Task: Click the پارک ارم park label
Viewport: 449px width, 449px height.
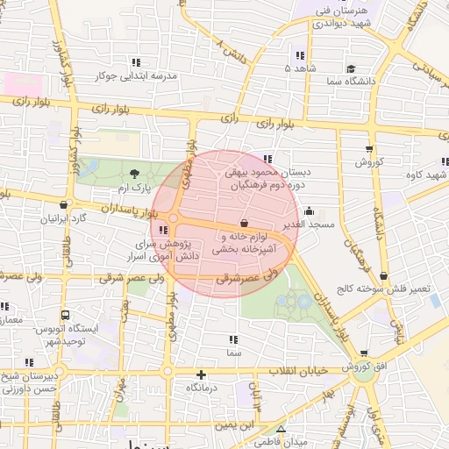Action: [136, 188]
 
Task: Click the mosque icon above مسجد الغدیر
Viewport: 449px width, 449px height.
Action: [309, 211]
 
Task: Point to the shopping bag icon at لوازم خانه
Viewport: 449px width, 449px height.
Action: [244, 224]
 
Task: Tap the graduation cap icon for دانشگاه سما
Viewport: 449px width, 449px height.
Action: [351, 68]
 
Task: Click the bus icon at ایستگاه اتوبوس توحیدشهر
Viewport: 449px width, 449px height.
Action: [65, 315]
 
